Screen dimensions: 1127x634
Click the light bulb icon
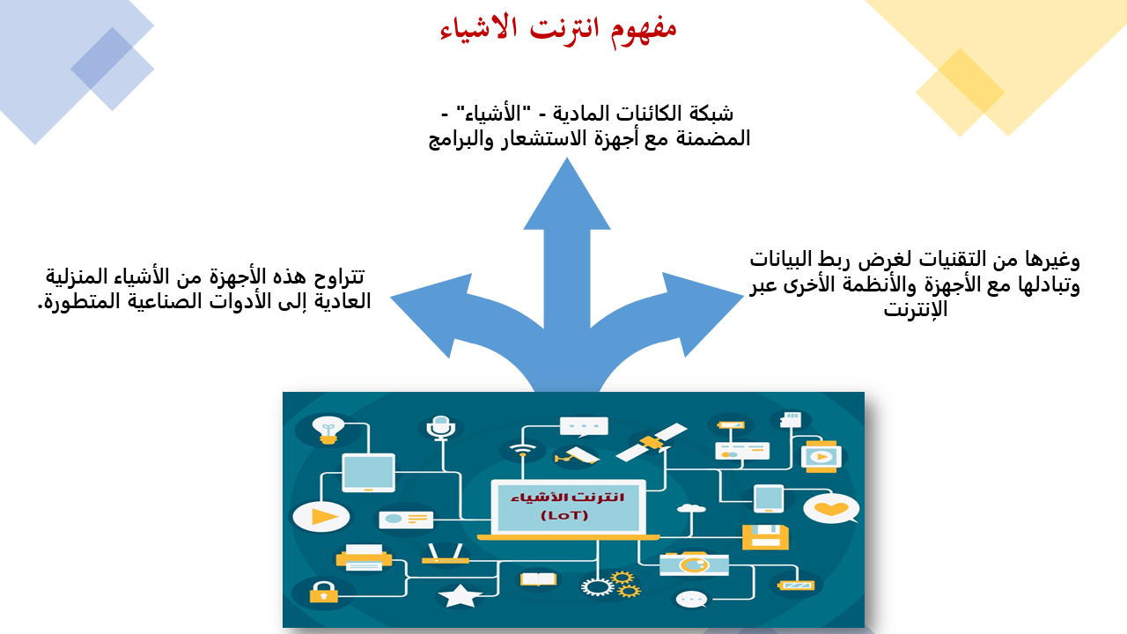coord(328,431)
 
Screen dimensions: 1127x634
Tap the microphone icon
coord(441,429)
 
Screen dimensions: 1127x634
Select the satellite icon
coord(652,442)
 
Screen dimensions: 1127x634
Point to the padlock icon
coord(323,593)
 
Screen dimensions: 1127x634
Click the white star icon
coord(460,596)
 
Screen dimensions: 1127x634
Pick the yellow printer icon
coord(364,557)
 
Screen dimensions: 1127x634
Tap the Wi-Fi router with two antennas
coord(446,554)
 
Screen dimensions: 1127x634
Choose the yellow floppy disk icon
coord(765,537)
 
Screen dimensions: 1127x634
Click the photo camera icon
coord(694,564)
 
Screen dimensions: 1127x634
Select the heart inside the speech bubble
coord(830,509)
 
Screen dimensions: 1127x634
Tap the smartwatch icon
coord(821,456)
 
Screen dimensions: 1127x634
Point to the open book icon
coord(538,579)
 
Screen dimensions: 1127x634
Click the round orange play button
coord(321,517)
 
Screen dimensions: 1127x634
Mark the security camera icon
coord(577,456)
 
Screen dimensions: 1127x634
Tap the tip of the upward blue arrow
coord(567,158)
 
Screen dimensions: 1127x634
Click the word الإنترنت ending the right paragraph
coord(916,309)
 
